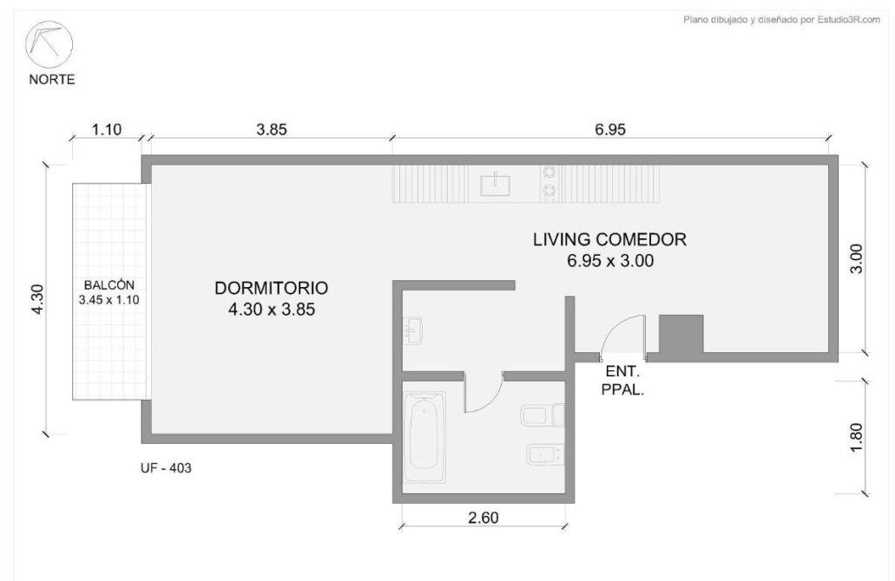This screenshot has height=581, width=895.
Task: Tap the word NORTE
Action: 52,79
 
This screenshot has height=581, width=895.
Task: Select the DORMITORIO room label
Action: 271,288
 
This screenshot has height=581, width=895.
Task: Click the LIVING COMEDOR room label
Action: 609,239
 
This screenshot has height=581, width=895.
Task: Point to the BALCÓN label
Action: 109,285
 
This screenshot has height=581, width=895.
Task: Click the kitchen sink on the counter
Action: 495,184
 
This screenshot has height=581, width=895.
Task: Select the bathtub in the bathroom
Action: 424,437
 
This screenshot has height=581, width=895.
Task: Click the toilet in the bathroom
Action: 543,415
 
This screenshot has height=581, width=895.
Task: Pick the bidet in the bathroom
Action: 546,455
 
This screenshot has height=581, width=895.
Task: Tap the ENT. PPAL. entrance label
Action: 622,382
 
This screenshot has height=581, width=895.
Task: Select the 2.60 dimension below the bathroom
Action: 483,518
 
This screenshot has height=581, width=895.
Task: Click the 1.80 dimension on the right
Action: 856,438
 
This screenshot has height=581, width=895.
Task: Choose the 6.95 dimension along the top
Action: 610,130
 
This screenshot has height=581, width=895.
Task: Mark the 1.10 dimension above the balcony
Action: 107,130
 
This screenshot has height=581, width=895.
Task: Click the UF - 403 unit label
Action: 166,468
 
